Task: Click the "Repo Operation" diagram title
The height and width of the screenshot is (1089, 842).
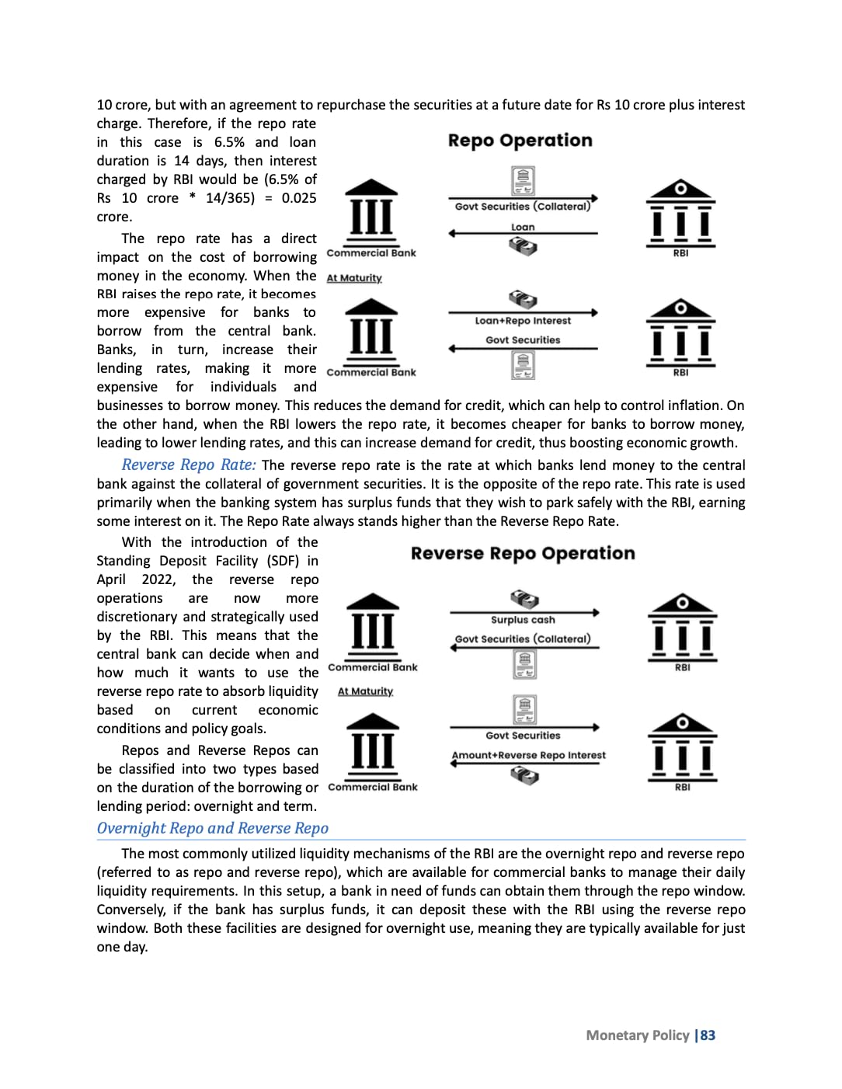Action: click(x=520, y=141)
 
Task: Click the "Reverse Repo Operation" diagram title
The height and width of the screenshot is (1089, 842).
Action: click(x=523, y=554)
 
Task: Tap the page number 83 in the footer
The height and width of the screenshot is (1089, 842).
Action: click(x=708, y=1035)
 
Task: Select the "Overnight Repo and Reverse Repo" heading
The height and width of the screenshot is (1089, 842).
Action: click(x=212, y=828)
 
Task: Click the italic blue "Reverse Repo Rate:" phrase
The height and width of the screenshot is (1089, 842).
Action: click(x=189, y=464)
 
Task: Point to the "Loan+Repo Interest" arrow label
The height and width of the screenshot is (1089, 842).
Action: click(x=523, y=321)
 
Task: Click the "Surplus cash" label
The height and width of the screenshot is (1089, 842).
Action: click(x=523, y=620)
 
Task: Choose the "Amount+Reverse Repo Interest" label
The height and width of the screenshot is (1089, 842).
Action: click(x=528, y=755)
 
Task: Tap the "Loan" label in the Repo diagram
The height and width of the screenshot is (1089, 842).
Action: click(x=523, y=228)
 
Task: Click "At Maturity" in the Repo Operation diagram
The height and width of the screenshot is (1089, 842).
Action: click(x=354, y=278)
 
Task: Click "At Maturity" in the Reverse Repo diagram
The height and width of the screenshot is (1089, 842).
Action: click(x=365, y=691)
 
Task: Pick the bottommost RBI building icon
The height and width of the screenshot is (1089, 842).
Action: click(x=682, y=747)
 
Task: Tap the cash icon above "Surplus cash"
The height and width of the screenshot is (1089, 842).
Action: click(x=524, y=599)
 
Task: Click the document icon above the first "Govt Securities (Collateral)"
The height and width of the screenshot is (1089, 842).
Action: click(x=523, y=180)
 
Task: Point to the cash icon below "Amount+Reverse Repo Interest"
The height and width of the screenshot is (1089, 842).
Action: click(x=524, y=774)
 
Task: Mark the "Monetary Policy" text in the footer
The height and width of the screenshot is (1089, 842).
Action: click(x=638, y=1035)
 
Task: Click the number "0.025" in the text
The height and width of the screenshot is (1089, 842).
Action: click(x=299, y=198)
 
